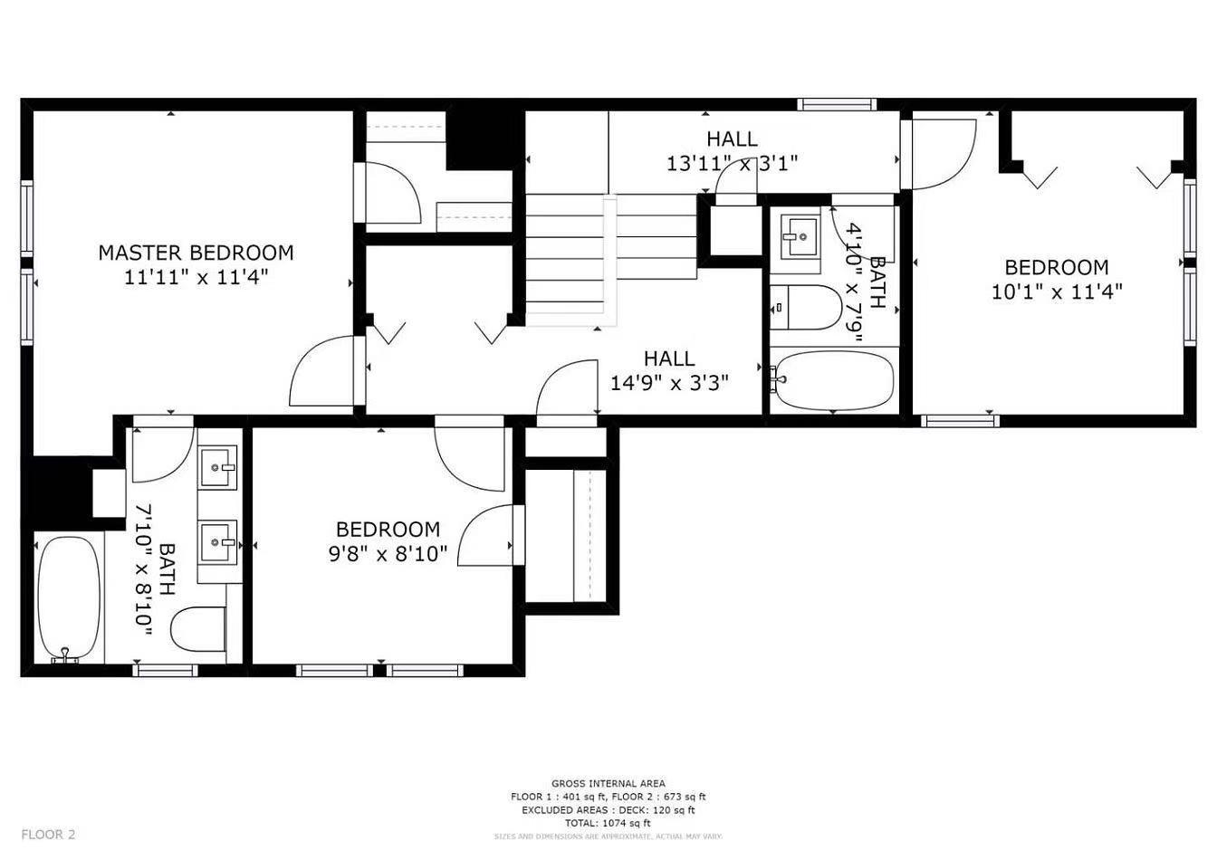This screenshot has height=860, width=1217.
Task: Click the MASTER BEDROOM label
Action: (196, 253)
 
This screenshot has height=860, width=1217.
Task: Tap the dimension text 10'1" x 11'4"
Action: (1057, 291)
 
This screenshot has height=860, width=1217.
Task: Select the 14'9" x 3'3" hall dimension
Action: (669, 383)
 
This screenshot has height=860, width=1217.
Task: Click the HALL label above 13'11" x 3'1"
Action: (732, 139)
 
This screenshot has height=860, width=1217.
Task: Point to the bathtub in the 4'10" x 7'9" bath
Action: (834, 380)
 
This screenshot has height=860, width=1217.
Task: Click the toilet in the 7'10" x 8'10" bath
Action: (198, 630)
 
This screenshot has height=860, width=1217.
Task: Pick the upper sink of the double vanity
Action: (217, 467)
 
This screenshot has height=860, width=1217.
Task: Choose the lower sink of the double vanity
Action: (217, 542)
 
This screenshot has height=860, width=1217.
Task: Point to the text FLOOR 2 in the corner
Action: (48, 835)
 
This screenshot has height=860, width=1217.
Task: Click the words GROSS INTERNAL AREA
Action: (608, 783)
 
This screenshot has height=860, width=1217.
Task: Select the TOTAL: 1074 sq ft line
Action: (608, 824)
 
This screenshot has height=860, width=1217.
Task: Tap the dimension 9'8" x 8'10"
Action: (388, 553)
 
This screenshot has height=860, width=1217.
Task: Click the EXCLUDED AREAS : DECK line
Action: (608, 810)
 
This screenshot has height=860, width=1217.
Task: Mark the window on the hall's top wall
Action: (838, 104)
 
